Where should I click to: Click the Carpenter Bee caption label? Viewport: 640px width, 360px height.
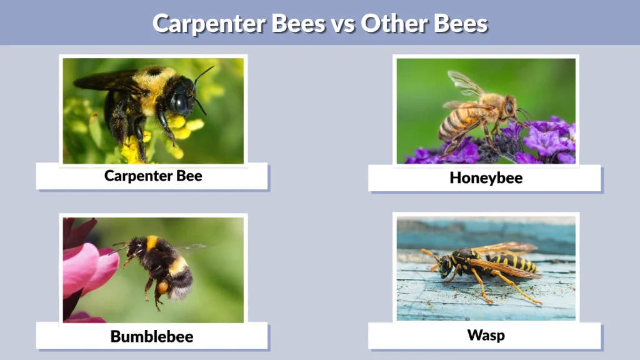click(x=153, y=176)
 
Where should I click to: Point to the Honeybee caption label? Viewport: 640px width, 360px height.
click(x=486, y=178)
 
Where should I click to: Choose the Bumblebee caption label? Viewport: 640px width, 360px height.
click(x=152, y=336)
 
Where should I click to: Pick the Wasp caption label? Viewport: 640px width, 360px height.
click(x=486, y=335)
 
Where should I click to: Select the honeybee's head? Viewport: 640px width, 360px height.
click(x=509, y=109)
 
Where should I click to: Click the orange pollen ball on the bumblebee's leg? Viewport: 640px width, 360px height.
click(x=162, y=287)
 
